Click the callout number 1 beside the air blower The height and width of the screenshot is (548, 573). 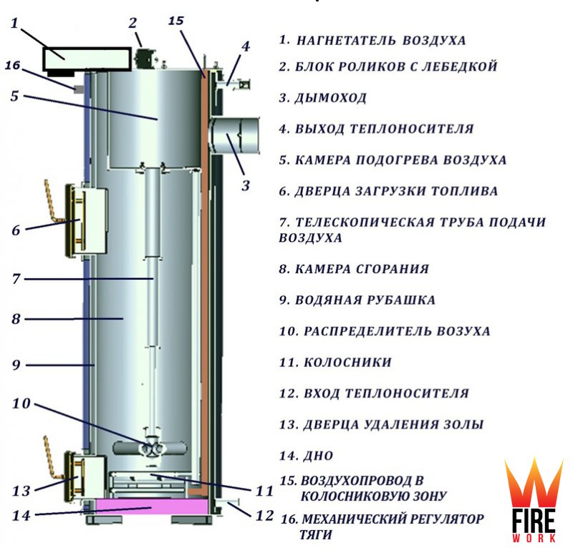14,23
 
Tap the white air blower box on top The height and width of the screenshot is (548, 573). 87,59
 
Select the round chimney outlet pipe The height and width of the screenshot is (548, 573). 235,135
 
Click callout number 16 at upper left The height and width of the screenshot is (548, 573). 12,66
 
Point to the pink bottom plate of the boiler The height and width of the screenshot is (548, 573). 151,507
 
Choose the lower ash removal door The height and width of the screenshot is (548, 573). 85,476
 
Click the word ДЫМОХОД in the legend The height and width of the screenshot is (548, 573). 330,98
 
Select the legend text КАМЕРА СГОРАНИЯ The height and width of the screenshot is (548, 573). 362,269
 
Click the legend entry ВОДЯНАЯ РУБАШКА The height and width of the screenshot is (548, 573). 365,300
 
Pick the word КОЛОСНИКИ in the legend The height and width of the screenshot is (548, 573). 347,363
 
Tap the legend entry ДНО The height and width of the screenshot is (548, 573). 318,456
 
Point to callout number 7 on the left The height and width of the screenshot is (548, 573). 16,279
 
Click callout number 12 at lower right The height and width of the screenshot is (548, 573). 264,516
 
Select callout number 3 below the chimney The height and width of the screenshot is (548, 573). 246,186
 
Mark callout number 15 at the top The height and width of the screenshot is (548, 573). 175,21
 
